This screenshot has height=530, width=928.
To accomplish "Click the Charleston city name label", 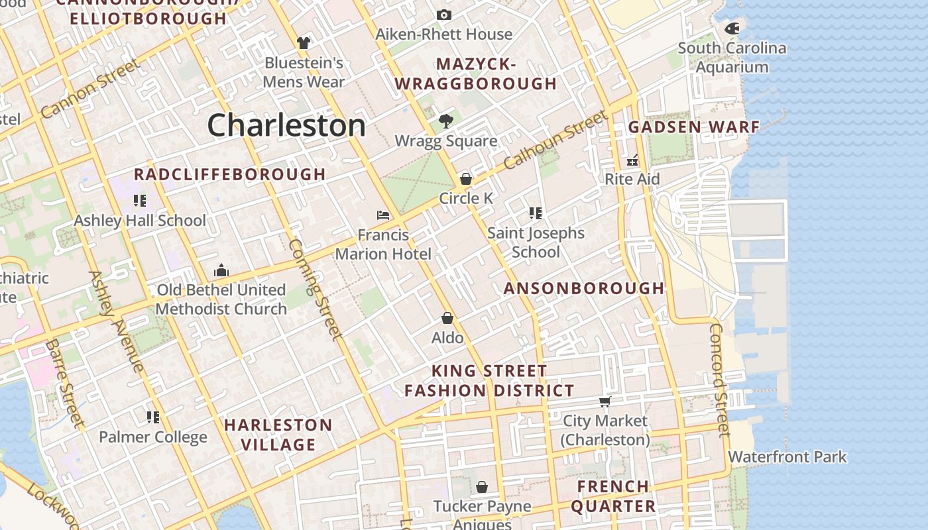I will click(x=286, y=125).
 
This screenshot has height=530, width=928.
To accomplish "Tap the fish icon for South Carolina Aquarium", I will click(x=732, y=28).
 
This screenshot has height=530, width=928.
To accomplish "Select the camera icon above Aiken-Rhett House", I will click(x=444, y=15).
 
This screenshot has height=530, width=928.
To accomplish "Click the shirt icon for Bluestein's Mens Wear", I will click(x=304, y=43).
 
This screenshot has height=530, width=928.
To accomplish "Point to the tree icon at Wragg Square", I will click(x=446, y=121).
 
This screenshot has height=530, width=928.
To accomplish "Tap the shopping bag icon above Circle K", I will click(x=466, y=179).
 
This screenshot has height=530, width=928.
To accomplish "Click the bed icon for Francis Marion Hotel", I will click(x=383, y=215).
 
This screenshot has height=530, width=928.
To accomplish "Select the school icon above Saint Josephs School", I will click(x=536, y=213).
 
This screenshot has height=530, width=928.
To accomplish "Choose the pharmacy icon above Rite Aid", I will click(x=632, y=160).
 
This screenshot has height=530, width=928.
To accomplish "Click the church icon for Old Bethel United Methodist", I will click(x=221, y=270).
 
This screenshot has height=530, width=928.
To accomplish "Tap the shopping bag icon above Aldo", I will click(x=447, y=318).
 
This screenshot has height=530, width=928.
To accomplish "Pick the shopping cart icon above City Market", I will click(x=605, y=401).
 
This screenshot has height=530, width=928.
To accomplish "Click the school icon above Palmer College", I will click(x=153, y=417).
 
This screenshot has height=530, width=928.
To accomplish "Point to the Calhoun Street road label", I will click(x=555, y=140).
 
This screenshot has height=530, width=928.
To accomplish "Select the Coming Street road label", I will click(x=316, y=288).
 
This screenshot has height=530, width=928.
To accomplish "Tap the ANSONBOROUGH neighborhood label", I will click(x=584, y=288).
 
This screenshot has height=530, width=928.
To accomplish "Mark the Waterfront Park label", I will click(x=787, y=457).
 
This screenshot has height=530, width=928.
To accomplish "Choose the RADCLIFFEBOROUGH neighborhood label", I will click(x=229, y=174).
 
